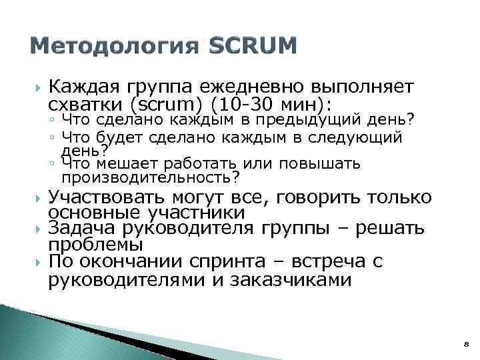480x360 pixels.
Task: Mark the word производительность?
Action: click(x=151, y=178)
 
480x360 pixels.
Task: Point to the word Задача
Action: click(x=79, y=229)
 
